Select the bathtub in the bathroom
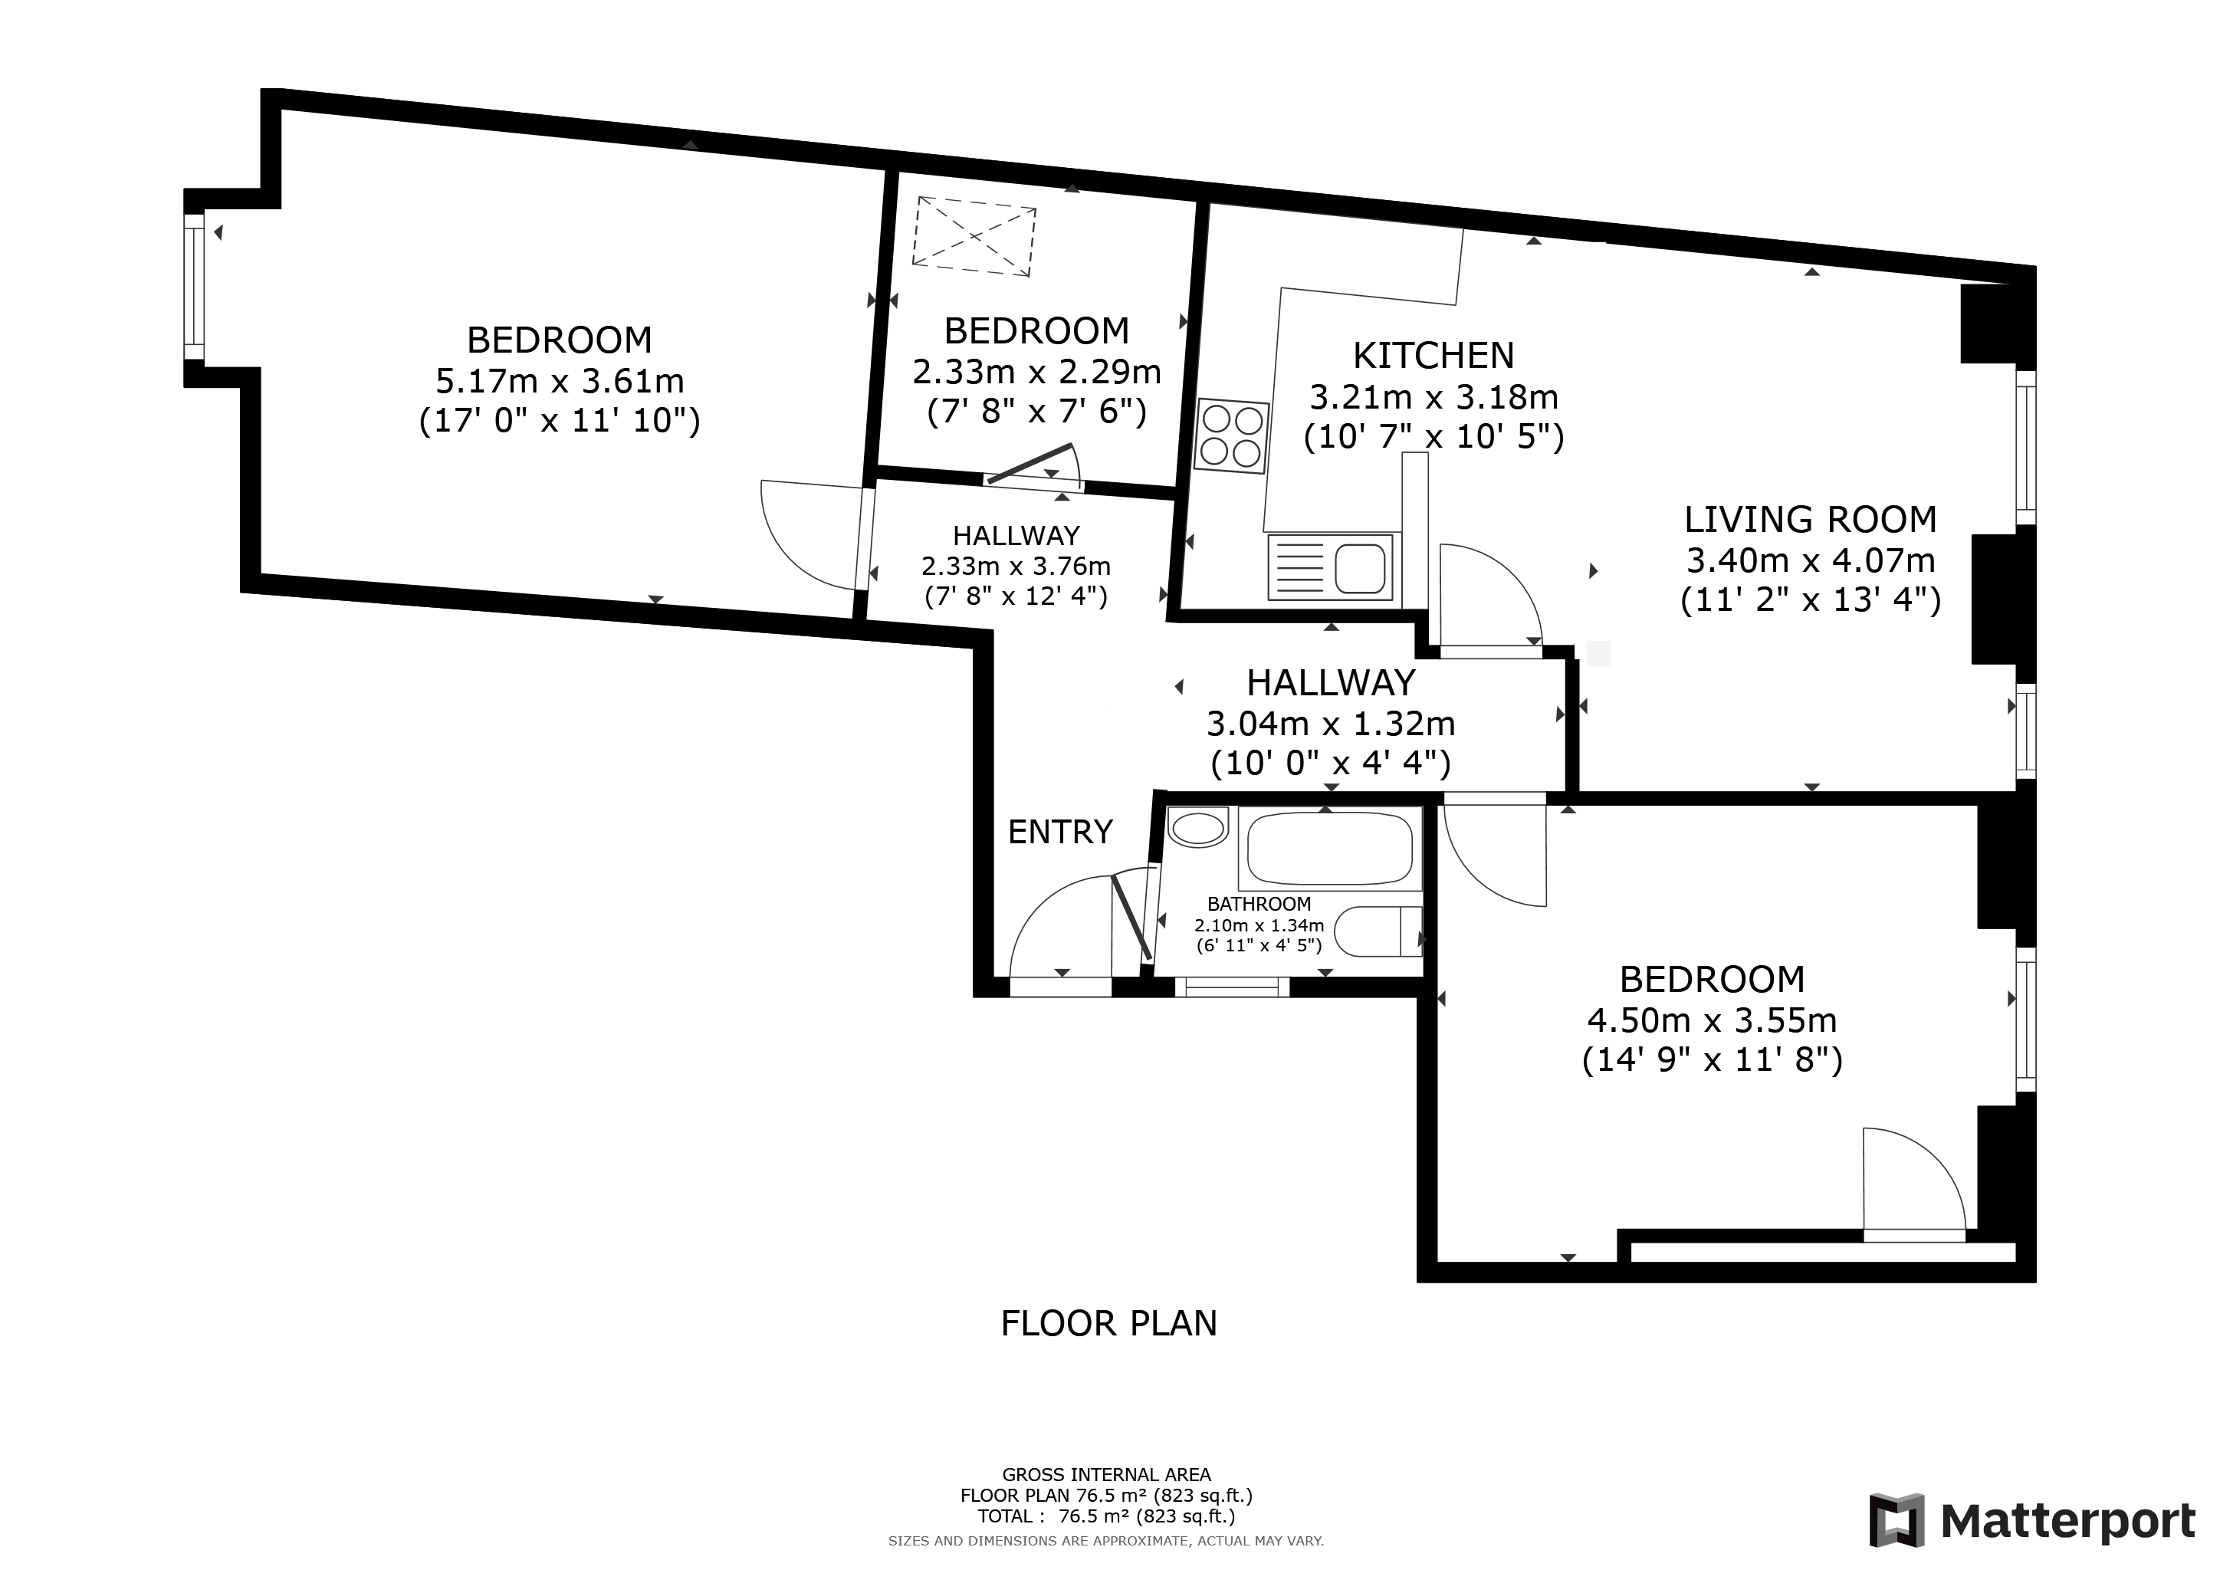[1329, 848]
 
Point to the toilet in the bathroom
[1378, 931]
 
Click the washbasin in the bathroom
[1198, 827]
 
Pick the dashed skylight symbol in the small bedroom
[974, 236]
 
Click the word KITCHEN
[1433, 356]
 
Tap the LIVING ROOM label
[1810, 519]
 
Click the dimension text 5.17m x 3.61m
[560, 381]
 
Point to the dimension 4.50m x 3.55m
[1712, 1020]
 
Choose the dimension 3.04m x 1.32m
[1331, 723]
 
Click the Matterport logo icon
[1896, 1519]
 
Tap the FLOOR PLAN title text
[1109, 1322]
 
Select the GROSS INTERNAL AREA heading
[1106, 1474]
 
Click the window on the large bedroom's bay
[195, 287]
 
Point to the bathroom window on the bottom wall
[1232, 986]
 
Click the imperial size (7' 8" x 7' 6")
[1036, 412]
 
